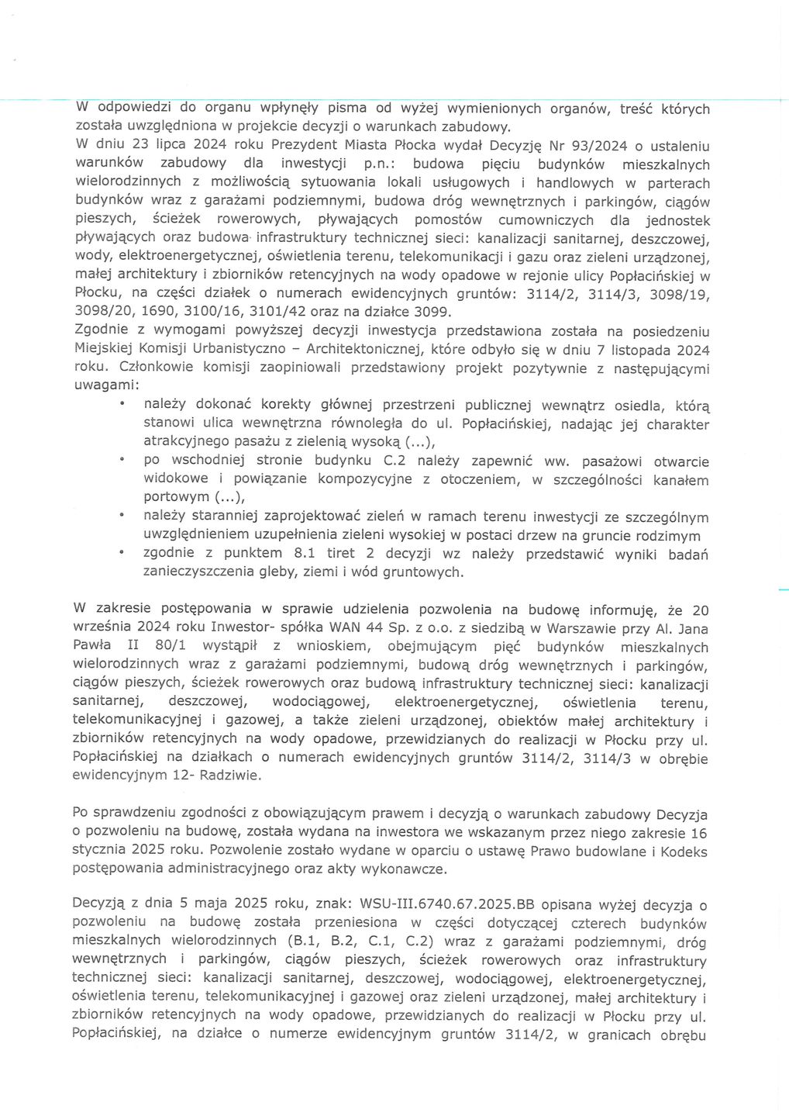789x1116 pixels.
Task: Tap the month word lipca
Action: (157, 146)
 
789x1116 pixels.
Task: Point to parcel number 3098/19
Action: (680, 294)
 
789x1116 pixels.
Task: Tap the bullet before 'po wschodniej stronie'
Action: (122, 461)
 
